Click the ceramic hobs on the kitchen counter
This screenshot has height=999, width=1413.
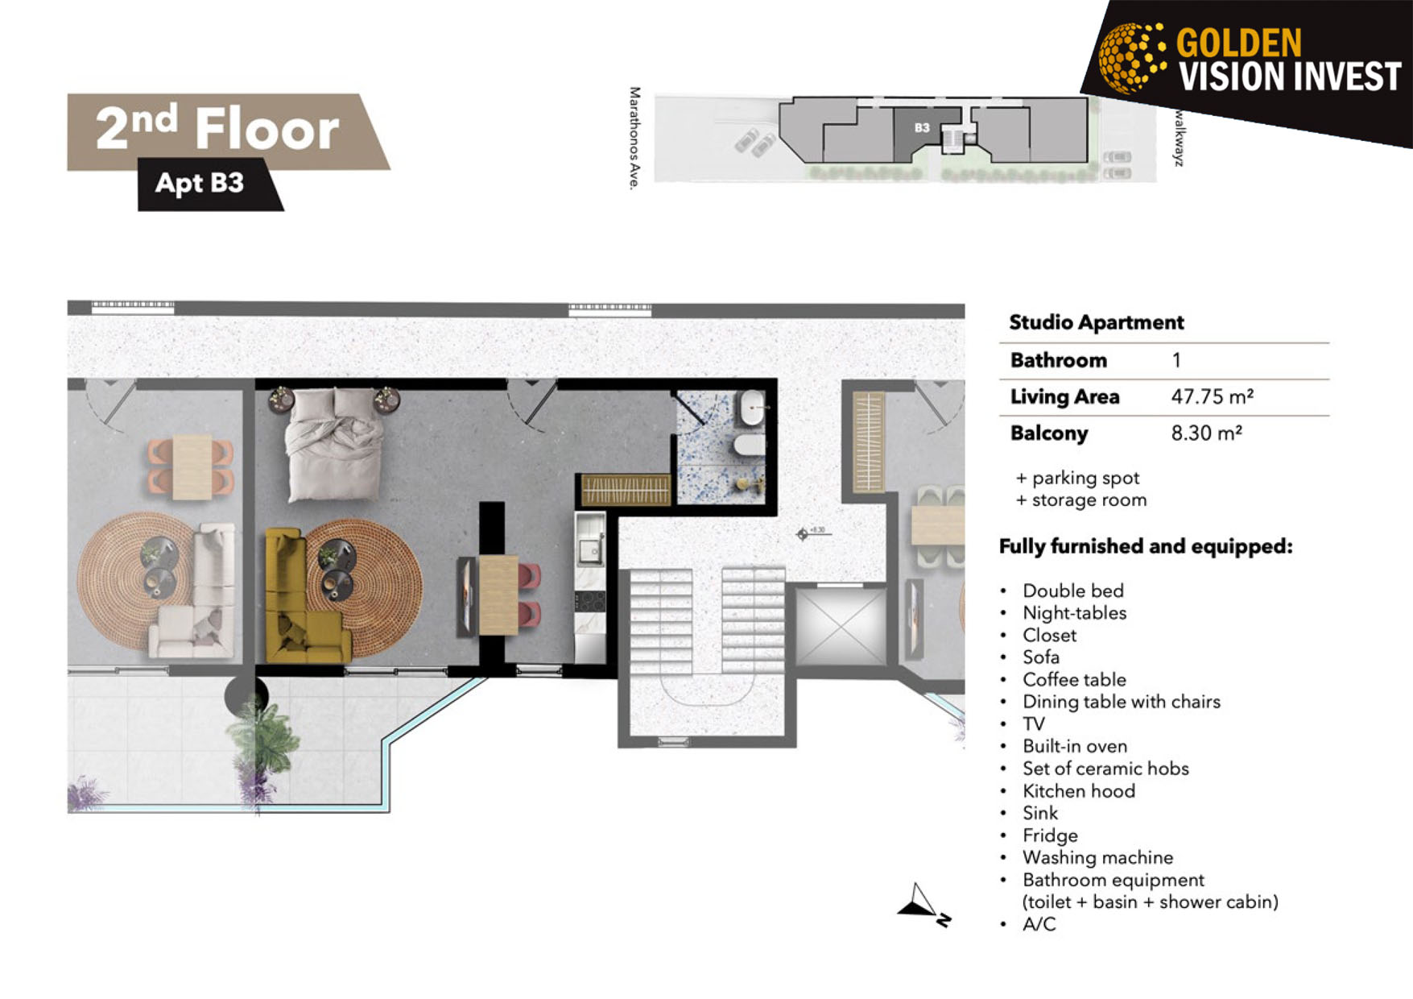590,601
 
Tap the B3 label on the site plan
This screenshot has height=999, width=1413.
922,127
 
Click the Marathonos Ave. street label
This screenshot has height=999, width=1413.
635,139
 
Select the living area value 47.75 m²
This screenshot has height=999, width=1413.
1212,396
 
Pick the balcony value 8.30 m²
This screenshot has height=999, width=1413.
1206,433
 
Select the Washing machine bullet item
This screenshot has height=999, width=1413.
1097,857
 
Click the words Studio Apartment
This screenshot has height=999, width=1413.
1096,322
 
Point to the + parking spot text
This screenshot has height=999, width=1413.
1077,478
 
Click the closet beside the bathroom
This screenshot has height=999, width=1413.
626,489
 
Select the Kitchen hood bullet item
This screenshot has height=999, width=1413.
1079,791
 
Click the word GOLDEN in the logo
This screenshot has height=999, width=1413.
1239,43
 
